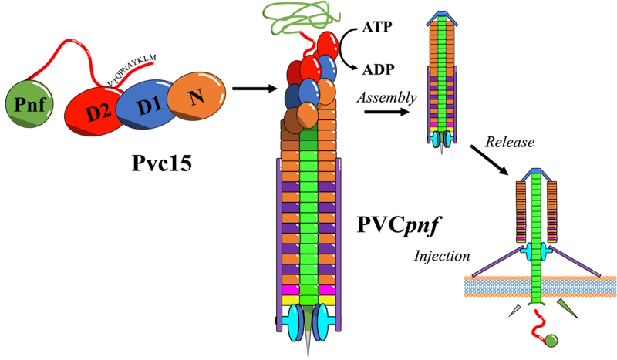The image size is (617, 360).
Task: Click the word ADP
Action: [x=377, y=69]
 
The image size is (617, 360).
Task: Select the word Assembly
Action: [x=387, y=98]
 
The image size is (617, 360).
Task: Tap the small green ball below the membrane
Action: [x=552, y=340]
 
